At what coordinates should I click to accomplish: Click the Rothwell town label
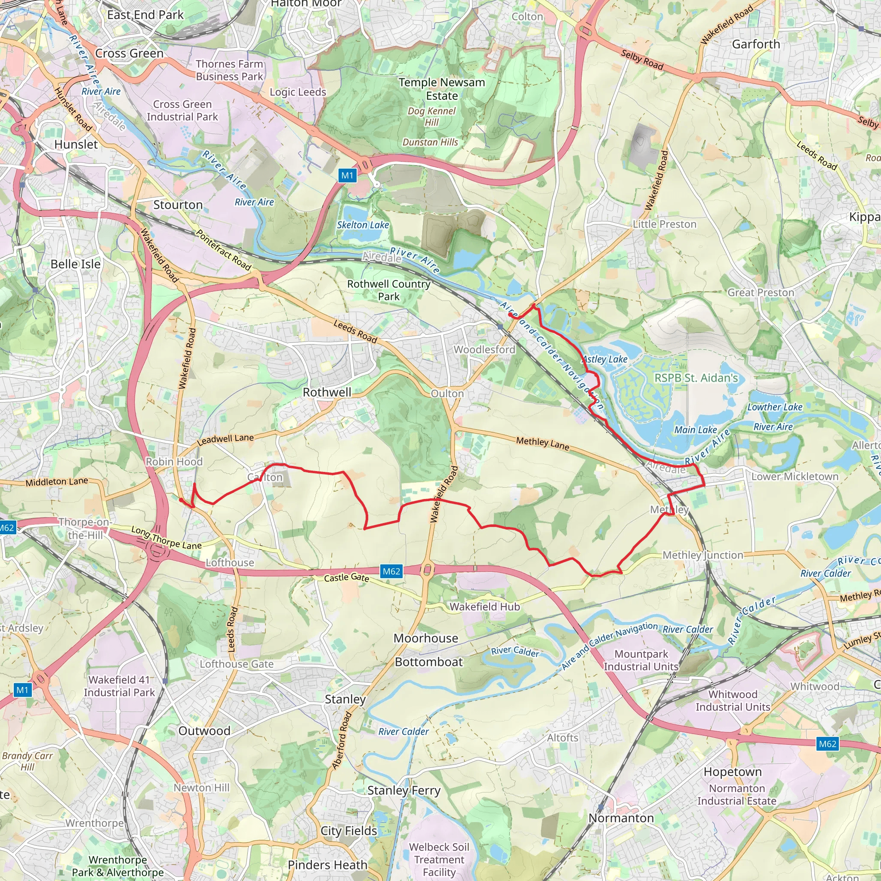coord(327,392)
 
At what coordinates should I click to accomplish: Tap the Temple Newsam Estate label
coord(441,89)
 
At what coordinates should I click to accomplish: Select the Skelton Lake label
coord(363,225)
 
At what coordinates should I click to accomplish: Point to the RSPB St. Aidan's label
coord(696,378)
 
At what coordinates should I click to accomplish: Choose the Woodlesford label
coord(484,349)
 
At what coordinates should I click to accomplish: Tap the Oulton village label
coord(447,394)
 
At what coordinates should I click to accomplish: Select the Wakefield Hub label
coord(484,607)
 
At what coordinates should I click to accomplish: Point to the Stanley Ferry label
coord(404,790)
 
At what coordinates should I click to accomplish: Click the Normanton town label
coord(621,818)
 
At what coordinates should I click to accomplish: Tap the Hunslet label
coord(76,145)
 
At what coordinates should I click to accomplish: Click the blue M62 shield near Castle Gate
coord(391,571)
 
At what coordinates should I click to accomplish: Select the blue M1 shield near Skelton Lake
coord(347,176)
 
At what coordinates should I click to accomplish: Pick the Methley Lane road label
coord(542,443)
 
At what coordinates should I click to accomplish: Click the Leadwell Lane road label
coord(225,440)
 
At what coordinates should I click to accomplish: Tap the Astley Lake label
coord(605,359)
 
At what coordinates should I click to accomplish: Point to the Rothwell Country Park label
coord(388,290)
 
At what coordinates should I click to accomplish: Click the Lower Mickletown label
coord(795,477)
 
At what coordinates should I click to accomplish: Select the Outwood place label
coord(204,730)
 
